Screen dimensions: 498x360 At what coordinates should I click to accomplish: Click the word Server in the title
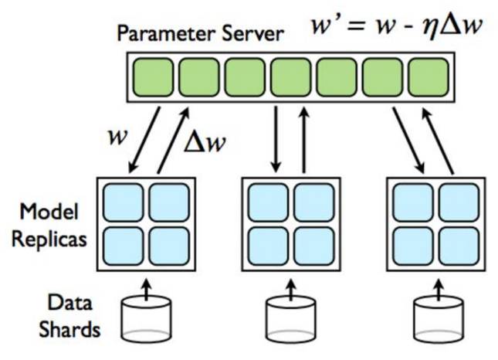(x=252, y=33)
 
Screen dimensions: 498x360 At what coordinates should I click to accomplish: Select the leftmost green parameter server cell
(x=154, y=77)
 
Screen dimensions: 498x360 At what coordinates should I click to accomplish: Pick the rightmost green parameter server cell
(x=429, y=77)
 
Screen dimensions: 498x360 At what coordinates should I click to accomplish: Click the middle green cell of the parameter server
(x=291, y=77)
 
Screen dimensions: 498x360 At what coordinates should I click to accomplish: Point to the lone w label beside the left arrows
(x=118, y=138)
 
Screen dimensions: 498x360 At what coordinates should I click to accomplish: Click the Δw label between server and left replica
(x=205, y=142)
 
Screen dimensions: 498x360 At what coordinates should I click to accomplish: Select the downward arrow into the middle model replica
(x=276, y=140)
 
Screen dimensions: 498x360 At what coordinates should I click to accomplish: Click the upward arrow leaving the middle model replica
(x=304, y=140)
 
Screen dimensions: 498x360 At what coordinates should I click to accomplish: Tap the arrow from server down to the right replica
(x=408, y=140)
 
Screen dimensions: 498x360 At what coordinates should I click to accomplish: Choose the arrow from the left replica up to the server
(x=174, y=140)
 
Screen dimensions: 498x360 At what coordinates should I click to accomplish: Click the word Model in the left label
(x=49, y=212)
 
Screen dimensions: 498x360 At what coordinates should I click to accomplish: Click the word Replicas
(x=49, y=239)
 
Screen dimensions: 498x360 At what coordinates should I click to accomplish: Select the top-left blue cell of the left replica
(x=124, y=202)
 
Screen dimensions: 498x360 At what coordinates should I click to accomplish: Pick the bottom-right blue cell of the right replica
(x=459, y=246)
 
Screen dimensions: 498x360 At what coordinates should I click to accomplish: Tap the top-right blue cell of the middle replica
(x=314, y=202)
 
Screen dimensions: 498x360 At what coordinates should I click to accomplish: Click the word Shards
(x=69, y=329)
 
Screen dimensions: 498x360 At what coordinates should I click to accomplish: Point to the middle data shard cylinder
(x=291, y=319)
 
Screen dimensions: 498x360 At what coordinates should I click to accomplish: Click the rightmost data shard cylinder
(x=439, y=319)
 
